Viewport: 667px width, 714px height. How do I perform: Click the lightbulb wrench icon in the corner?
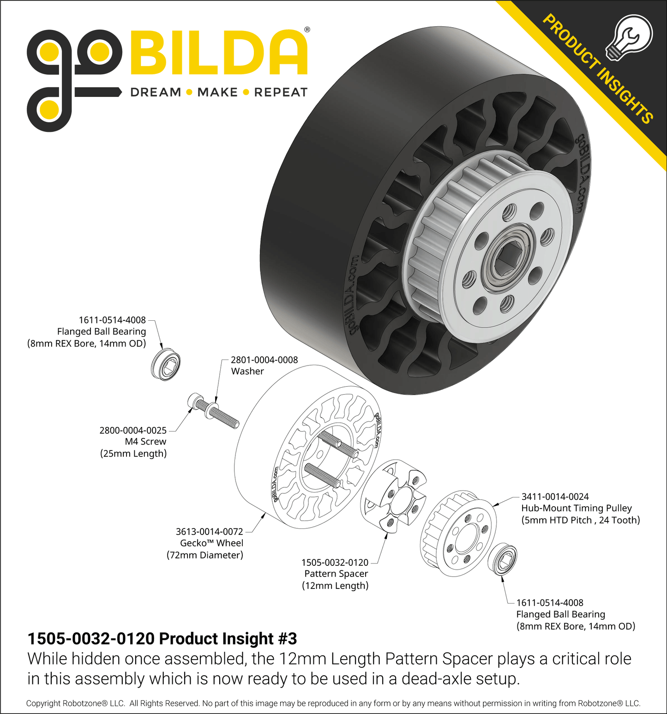[629, 36]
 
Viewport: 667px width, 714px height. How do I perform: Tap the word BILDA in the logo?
[219, 53]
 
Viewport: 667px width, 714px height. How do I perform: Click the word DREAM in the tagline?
[156, 92]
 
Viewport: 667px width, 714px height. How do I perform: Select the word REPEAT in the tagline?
[281, 92]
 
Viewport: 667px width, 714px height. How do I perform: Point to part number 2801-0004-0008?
[264, 360]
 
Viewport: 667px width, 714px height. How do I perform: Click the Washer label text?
[247, 372]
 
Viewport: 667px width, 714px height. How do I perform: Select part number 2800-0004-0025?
[133, 431]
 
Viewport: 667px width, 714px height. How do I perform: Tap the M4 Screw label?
[145, 442]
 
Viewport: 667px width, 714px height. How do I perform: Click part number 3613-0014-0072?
[209, 532]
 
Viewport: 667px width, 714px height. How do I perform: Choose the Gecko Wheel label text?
[211, 543]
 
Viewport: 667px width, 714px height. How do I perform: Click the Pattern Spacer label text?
[336, 574]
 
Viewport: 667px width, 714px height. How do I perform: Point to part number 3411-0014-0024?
[555, 497]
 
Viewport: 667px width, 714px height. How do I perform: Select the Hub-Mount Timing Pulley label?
[576, 508]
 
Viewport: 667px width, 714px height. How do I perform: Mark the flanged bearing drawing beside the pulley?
[503, 560]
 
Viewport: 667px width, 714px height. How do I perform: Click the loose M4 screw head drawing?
[196, 402]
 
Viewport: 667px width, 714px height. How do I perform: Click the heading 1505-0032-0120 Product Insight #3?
[162, 639]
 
